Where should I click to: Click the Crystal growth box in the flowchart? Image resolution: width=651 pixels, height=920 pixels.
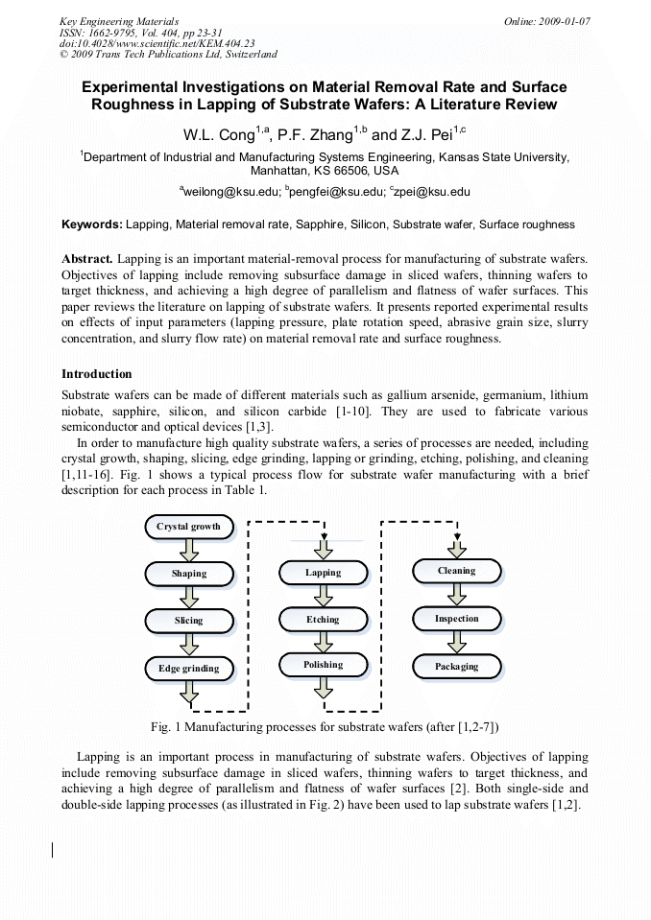point(189,527)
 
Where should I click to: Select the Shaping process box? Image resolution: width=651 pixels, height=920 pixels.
point(189,574)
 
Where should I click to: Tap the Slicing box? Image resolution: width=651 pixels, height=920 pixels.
point(189,621)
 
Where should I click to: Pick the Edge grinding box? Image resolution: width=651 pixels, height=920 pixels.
point(189,668)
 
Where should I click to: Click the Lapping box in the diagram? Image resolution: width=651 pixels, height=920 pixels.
point(323,573)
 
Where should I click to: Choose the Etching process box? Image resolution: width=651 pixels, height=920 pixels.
point(323,620)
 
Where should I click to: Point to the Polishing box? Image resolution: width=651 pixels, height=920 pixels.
point(323,665)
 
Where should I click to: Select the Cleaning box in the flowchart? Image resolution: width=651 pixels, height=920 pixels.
point(456,571)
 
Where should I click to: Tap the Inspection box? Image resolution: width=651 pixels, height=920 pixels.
point(456,619)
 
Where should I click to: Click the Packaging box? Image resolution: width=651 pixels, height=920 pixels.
point(456,666)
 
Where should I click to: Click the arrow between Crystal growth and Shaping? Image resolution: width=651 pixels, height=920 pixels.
point(189,550)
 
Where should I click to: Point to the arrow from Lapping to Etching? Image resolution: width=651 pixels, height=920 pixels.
point(323,596)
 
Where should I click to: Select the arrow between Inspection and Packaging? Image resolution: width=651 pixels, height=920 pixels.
point(456,642)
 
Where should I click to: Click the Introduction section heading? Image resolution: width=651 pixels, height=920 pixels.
point(97,374)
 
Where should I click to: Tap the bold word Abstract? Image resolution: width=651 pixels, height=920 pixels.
point(88,259)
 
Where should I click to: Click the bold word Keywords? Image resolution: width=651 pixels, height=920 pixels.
point(92,224)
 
